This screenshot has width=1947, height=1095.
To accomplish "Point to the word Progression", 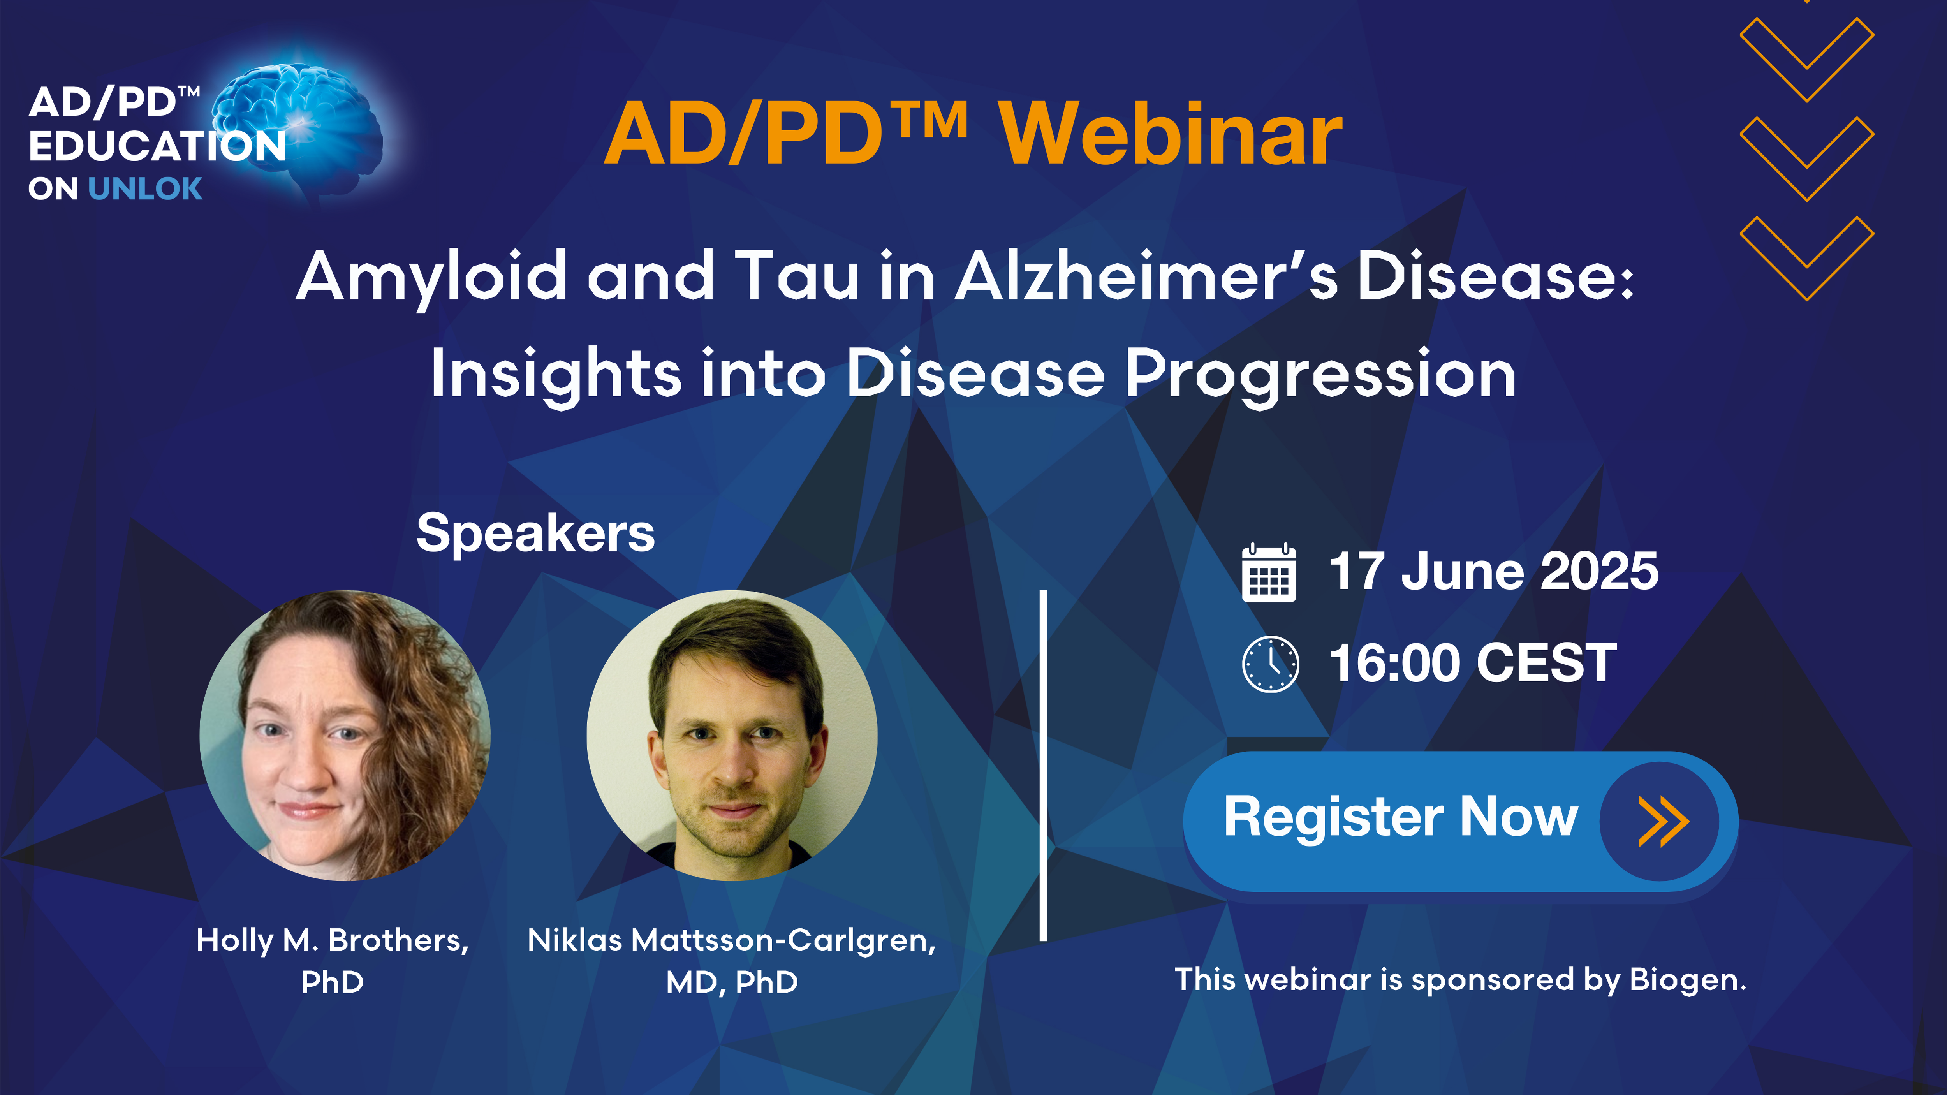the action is (1320, 376).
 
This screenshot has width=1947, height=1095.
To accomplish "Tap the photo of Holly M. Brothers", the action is (345, 735).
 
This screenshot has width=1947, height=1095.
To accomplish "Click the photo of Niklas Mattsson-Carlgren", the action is (732, 735).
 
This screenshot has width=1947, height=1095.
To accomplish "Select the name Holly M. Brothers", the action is (333, 941).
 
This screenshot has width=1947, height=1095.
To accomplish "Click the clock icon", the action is (1271, 664).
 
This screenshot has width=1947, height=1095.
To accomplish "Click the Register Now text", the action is (1401, 817).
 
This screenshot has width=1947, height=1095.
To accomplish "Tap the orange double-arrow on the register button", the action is (1663, 821).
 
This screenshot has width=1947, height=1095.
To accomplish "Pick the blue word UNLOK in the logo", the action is (145, 188).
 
